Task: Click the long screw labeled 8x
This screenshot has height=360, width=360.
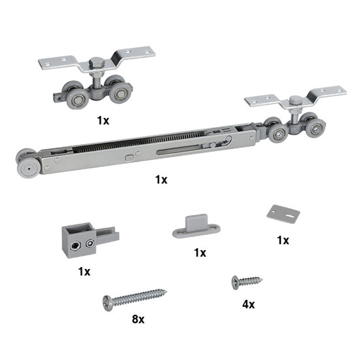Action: pyautogui.click(x=134, y=298)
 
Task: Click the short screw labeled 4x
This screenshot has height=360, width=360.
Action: pyautogui.click(x=247, y=281)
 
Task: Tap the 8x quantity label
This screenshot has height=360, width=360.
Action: pyautogui.click(x=138, y=319)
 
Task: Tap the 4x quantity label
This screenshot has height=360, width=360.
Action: pyautogui.click(x=249, y=304)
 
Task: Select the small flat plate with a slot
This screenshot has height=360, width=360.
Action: pyautogui.click(x=283, y=214)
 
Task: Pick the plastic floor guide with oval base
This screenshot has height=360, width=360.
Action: pyautogui.click(x=196, y=226)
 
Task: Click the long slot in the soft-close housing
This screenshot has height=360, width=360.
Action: pyautogui.click(x=179, y=149)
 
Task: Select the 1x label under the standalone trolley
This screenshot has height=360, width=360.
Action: pyautogui.click(x=103, y=120)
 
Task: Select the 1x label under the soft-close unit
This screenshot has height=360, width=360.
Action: pyautogui.click(x=161, y=179)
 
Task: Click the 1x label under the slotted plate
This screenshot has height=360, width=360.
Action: pyautogui.click(x=283, y=240)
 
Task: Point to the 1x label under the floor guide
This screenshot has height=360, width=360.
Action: pyautogui.click(x=200, y=253)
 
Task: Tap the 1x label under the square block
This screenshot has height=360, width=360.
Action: pyautogui.click(x=84, y=272)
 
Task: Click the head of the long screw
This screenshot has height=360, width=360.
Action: pyautogui.click(x=108, y=303)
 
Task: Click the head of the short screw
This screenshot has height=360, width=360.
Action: pyautogui.click(x=235, y=283)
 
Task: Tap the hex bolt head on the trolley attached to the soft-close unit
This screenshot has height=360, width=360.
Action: pyautogui.click(x=296, y=101)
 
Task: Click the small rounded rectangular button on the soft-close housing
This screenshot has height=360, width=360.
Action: pyautogui.click(x=130, y=158)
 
